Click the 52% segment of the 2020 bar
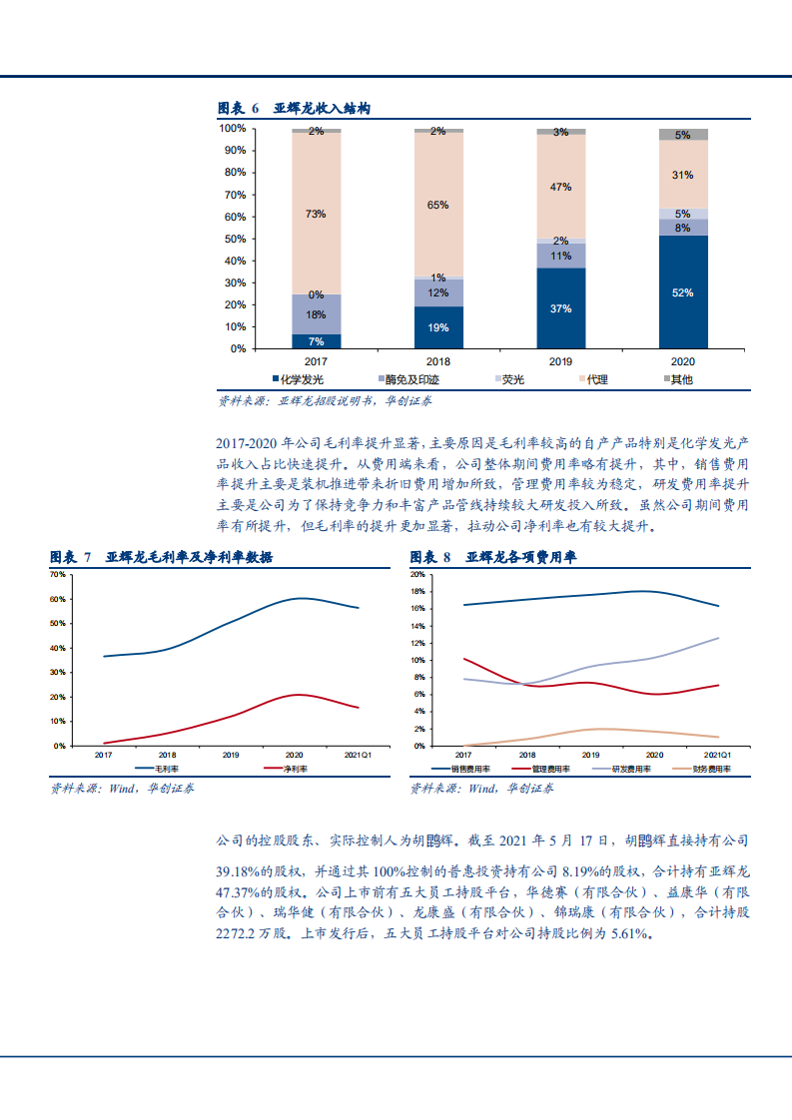coord(682,292)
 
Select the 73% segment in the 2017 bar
coord(316,214)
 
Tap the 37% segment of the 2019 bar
coord(560,308)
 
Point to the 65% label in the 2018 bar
coord(437,205)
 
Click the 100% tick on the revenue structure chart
coord(233,129)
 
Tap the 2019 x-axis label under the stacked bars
coord(560,362)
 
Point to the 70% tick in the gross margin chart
coord(57,575)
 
